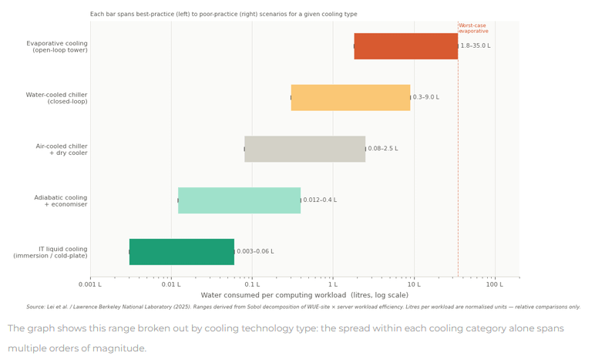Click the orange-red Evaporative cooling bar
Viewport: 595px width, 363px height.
pos(406,46)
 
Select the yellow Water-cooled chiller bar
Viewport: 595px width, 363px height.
pos(351,98)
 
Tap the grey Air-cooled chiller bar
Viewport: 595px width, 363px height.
pos(305,149)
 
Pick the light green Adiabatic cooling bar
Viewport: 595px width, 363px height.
pos(240,200)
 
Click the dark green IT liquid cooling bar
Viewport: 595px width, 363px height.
pos(182,252)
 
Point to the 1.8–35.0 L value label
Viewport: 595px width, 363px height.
pos(476,46)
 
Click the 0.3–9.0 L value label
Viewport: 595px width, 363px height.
pos(426,97)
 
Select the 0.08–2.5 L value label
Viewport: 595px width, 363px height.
pos(383,149)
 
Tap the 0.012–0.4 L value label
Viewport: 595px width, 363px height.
pos(320,200)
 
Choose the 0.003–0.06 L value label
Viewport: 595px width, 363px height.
pos(255,251)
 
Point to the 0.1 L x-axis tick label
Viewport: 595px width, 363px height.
pos(252,284)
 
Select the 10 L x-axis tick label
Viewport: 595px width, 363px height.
pos(414,284)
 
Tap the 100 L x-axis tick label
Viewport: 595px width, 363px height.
pos(495,284)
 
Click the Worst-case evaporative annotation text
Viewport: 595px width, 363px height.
pos(473,29)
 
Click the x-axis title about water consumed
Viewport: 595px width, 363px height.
pos(304,295)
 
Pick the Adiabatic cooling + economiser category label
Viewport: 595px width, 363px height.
pos(61,200)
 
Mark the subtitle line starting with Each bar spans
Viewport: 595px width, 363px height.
pos(224,14)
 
